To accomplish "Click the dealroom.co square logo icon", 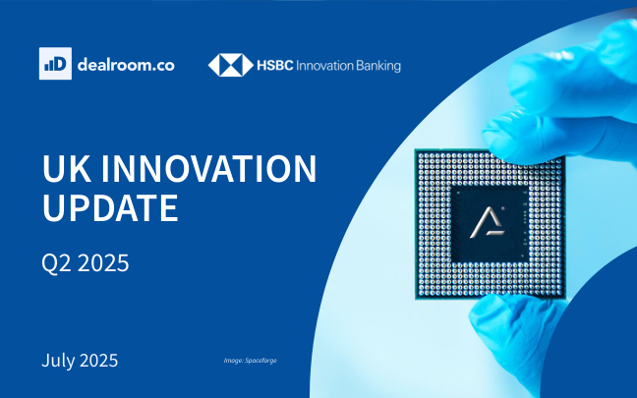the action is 55,63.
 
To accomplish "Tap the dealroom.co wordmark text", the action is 126,65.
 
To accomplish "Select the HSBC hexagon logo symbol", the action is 231,65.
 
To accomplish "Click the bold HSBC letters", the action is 275,66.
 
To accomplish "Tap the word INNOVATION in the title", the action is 208,168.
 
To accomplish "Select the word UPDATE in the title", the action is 110,207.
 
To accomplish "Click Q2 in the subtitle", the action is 56,263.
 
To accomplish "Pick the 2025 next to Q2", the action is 103,262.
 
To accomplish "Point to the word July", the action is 57,361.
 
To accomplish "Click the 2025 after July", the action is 98,361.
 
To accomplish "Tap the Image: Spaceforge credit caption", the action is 251,361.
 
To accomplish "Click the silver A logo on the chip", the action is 488,222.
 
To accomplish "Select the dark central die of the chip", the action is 490,224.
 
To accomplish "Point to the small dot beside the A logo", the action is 503,209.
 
